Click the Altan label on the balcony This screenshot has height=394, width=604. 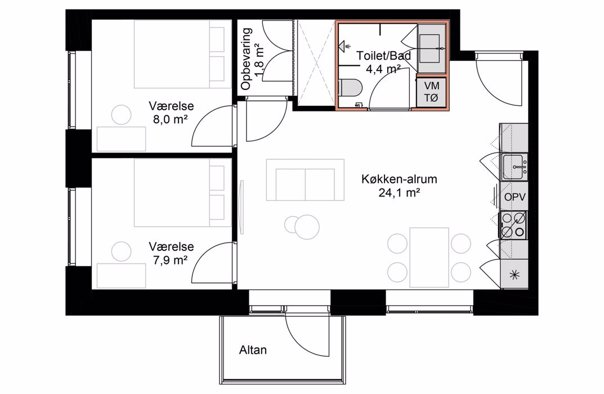coord(253,350)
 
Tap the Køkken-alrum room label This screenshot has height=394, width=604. coord(399,179)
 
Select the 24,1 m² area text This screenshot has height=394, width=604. coord(399,192)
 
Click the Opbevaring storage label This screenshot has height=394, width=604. coord(246,59)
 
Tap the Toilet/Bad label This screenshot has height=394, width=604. coord(384,56)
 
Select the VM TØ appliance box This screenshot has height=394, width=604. coord(431,92)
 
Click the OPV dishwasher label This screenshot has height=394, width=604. coord(515,197)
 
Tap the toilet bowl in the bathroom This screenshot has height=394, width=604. coord(350,87)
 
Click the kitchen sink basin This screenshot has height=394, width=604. coord(513,167)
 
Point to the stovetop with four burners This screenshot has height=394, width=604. coord(513,225)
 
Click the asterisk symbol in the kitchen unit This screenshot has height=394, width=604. coord(514,275)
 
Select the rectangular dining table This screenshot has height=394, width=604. coord(429,257)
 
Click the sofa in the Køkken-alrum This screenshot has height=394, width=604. coord(305,180)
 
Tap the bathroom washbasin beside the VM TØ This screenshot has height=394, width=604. coord(432,48)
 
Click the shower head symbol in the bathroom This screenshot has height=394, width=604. coord(342,46)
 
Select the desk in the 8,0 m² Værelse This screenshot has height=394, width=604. coord(122,139)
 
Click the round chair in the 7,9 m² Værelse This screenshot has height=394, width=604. coord(122,252)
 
